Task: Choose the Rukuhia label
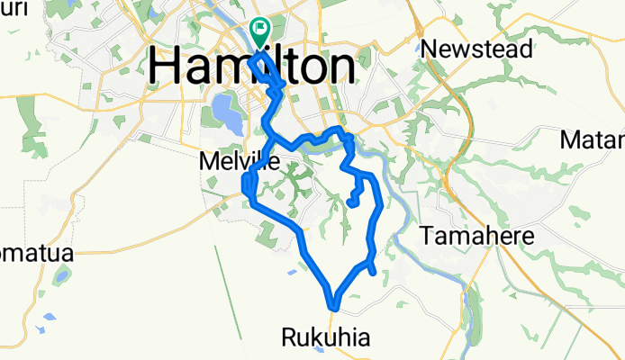[x=325, y=337]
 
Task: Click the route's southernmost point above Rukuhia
[x=333, y=307]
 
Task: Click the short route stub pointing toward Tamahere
[x=372, y=281]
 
